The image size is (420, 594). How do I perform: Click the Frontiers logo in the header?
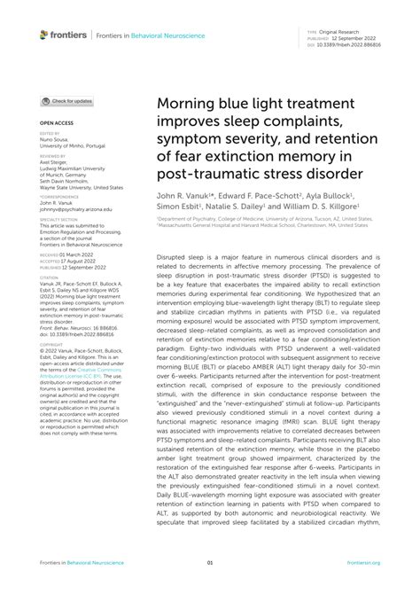[63, 35]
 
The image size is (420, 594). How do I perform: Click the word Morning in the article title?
[189, 105]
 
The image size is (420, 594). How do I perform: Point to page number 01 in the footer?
[210, 562]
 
